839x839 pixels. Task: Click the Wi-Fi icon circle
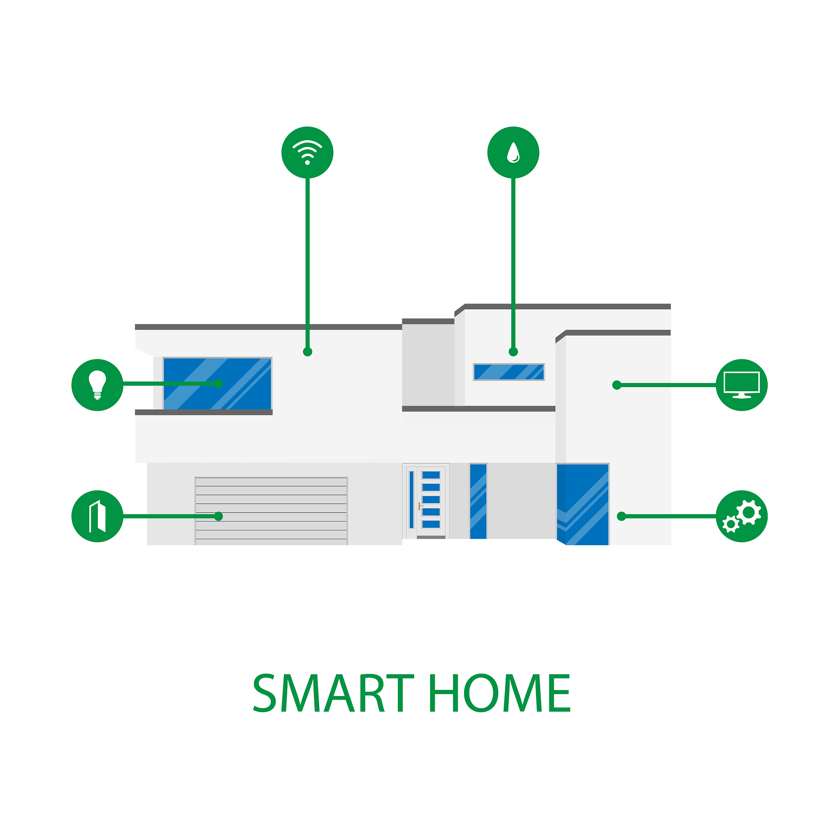point(308,152)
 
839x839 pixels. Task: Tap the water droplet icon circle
point(513,152)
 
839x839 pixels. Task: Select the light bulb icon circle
point(97,385)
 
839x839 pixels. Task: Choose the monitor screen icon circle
point(742,385)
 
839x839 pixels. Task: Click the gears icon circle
point(742,516)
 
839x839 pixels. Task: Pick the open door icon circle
point(97,516)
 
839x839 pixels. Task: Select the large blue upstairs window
point(217,383)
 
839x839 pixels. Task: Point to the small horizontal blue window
point(508,372)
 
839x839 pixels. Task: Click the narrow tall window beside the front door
point(478,501)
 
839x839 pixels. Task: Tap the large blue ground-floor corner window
point(583,504)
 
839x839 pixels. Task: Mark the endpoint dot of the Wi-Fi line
point(308,352)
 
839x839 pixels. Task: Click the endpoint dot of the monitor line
point(617,385)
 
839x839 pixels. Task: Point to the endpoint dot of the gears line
point(621,516)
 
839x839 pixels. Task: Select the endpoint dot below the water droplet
point(513,352)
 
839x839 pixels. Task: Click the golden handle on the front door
point(420,506)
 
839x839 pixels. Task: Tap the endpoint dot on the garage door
point(218,516)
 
